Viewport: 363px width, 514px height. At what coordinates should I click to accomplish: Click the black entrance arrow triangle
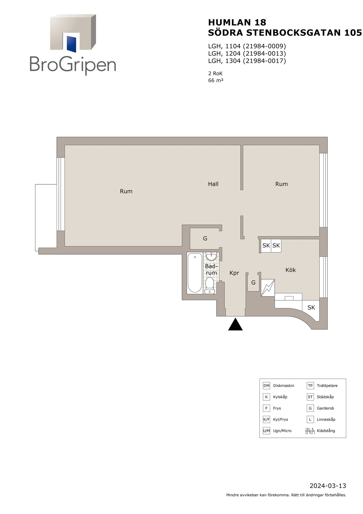pos(235,324)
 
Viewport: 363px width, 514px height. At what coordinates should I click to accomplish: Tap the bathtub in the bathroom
pos(195,273)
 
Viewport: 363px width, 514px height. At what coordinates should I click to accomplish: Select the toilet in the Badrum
pos(209,286)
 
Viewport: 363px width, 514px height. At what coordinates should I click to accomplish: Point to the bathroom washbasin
pos(211,256)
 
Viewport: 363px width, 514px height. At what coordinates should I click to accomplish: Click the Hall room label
pos(213,184)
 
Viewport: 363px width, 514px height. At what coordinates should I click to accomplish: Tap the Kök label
pos(291,270)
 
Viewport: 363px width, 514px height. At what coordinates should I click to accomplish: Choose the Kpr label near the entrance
pos(234,273)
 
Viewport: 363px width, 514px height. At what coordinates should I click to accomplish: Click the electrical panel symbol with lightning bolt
pos(268,288)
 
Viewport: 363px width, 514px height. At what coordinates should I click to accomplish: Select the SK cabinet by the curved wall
pos(311,308)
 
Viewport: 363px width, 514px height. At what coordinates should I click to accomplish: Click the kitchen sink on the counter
pos(289,298)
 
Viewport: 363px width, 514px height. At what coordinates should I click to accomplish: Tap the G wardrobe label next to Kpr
pos(253,282)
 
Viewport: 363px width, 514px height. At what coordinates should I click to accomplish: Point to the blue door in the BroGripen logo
pos(71,44)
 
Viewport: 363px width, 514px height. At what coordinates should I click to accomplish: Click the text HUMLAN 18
pos(237,22)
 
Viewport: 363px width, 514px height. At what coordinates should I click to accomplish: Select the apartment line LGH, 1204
pos(247,54)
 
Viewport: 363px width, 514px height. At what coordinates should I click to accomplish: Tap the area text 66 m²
pos(216,80)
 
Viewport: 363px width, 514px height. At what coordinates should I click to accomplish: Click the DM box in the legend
pos(266,385)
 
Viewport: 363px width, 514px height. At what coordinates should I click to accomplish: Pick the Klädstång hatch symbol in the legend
pos(310,431)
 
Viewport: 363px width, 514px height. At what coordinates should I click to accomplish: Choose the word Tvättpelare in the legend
pos(327,386)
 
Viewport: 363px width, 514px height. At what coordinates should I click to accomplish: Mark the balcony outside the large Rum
pos(46,217)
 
